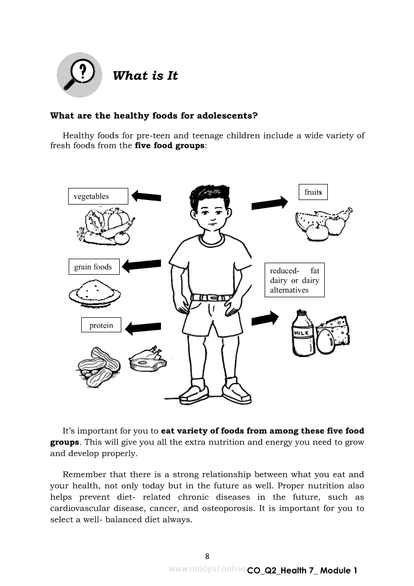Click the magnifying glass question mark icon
click(79, 75)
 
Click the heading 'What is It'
click(145, 76)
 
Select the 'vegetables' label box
click(98, 196)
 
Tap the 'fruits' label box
click(313, 192)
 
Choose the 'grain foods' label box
click(94, 267)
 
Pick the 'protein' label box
click(101, 325)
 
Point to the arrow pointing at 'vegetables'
click(146, 197)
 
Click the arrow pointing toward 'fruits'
click(270, 203)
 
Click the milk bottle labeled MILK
click(303, 333)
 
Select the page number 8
click(207, 556)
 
